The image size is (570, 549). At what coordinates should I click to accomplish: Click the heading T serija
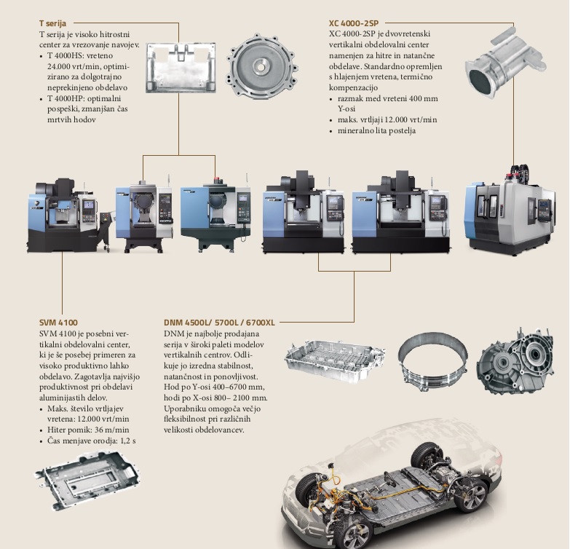click(x=52, y=23)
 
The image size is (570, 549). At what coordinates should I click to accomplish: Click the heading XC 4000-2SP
click(x=354, y=23)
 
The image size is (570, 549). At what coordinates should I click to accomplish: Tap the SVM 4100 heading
click(x=58, y=323)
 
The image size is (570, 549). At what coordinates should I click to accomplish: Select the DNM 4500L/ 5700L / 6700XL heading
click(x=219, y=323)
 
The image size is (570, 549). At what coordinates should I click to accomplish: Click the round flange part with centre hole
click(x=261, y=66)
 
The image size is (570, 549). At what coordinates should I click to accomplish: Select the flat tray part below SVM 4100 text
click(x=87, y=480)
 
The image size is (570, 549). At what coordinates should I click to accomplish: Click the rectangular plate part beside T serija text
click(x=181, y=68)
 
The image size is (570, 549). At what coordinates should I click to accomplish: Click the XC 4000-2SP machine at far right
click(x=510, y=211)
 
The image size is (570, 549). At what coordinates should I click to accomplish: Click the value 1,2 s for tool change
click(x=127, y=441)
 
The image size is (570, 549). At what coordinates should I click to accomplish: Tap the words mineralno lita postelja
click(x=376, y=130)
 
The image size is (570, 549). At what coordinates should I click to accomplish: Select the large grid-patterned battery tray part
click(x=335, y=360)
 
